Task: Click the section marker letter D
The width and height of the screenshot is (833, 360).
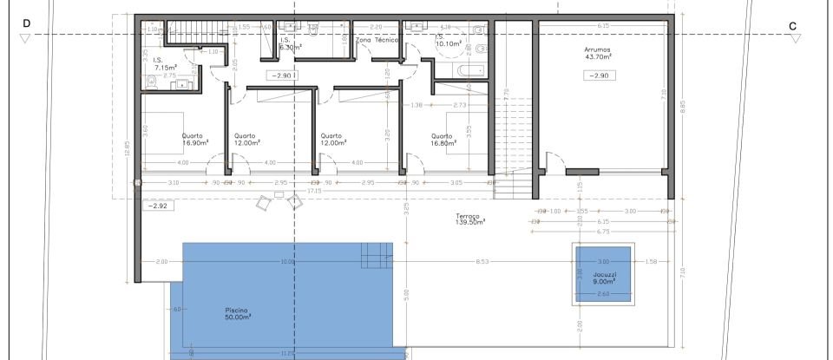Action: [x=25, y=26]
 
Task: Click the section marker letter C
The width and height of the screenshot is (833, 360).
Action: [x=792, y=26]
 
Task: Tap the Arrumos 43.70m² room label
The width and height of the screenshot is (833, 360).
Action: [x=597, y=54]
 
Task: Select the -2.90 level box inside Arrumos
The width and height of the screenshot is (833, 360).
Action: [x=598, y=76]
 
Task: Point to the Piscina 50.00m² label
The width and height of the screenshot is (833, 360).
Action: [x=237, y=313]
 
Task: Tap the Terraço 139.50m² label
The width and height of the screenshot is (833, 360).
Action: [x=469, y=219]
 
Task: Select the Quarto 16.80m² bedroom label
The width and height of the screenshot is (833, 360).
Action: [x=442, y=139]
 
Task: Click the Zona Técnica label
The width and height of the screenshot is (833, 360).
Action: [x=377, y=40]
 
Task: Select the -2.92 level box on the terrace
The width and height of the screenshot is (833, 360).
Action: [x=158, y=206]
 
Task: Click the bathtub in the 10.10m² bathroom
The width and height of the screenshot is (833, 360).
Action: [x=474, y=69]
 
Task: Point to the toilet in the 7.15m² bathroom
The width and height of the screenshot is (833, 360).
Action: [x=153, y=81]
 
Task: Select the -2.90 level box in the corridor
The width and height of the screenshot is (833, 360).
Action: [x=282, y=76]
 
